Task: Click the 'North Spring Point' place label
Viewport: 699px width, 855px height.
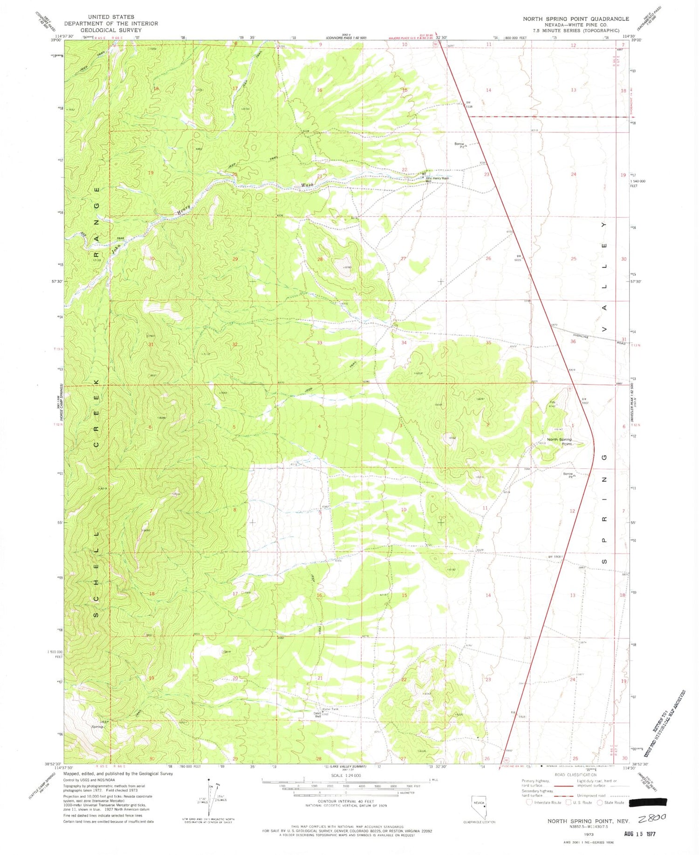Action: tap(559, 441)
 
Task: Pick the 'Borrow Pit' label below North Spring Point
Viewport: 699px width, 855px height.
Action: tap(568, 475)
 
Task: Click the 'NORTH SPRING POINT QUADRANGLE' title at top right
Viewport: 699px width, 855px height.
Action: tap(576, 19)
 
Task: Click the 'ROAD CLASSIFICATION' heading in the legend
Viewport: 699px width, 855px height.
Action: tap(575, 775)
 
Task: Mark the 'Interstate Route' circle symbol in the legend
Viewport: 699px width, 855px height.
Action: tap(529, 802)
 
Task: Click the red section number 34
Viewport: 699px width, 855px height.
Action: tap(404, 343)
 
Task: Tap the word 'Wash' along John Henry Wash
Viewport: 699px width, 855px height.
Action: tap(307, 185)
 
